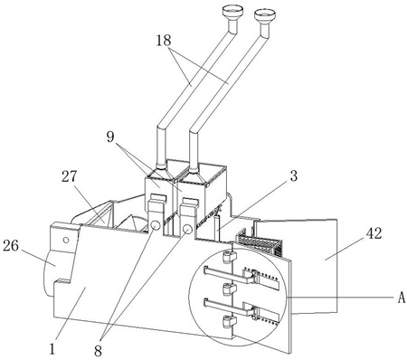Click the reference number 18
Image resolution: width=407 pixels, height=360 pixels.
[x=164, y=41]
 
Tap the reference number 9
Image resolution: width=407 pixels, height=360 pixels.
[x=110, y=137]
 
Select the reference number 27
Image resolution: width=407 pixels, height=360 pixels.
[x=70, y=176]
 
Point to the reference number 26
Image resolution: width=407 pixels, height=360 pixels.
[x=11, y=246]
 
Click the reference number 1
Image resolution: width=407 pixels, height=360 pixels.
[x=52, y=349]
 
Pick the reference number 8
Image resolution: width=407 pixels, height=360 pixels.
[x=98, y=351]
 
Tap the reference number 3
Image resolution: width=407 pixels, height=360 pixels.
[x=293, y=175]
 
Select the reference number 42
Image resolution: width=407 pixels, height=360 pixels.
[x=374, y=233]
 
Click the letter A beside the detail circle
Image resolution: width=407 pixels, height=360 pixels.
[x=401, y=298]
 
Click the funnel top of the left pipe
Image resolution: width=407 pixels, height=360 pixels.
[x=232, y=12]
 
